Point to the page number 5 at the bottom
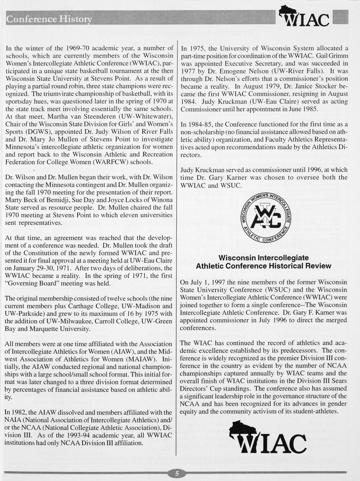(177, 473)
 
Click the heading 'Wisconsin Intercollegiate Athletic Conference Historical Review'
(263, 262)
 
